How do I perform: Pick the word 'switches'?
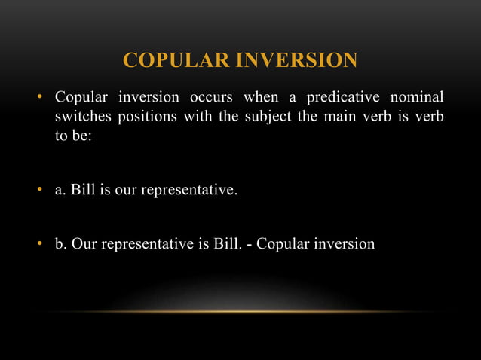pos(81,119)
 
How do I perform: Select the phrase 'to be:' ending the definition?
pos(72,139)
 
